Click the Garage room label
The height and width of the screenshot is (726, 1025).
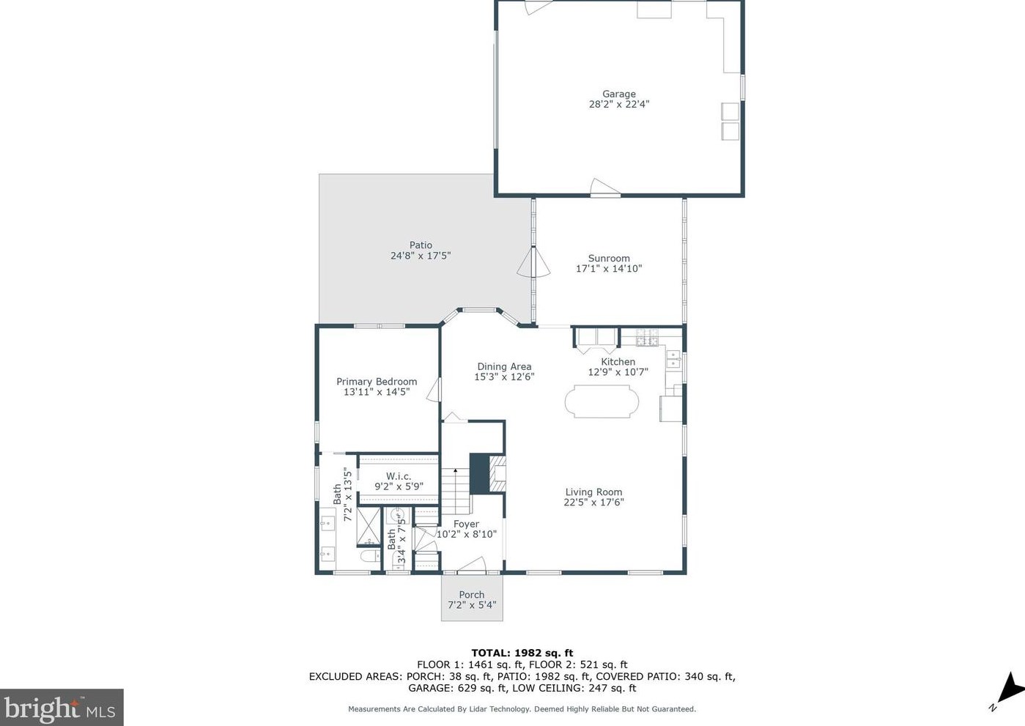tap(618, 94)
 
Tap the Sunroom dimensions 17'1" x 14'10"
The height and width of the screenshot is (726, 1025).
tap(609, 269)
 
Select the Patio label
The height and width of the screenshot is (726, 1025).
tap(421, 245)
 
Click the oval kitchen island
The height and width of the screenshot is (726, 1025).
tap(602, 402)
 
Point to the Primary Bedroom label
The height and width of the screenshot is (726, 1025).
tap(377, 382)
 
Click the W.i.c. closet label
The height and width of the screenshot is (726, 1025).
tap(399, 476)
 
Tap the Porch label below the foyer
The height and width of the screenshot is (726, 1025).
tap(472, 595)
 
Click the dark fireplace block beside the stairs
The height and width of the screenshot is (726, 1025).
tap(479, 473)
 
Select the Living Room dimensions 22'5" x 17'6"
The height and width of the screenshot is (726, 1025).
tap(593, 503)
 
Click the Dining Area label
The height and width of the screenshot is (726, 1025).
tap(504, 367)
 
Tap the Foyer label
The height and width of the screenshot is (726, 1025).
tap(466, 525)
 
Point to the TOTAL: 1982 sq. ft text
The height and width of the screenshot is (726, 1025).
tap(522, 653)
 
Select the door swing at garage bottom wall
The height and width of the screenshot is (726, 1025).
tap(604, 188)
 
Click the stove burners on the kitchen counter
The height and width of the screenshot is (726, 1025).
tap(647, 338)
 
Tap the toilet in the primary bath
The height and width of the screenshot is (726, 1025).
tap(370, 557)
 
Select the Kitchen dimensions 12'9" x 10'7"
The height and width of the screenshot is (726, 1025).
tap(618, 372)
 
